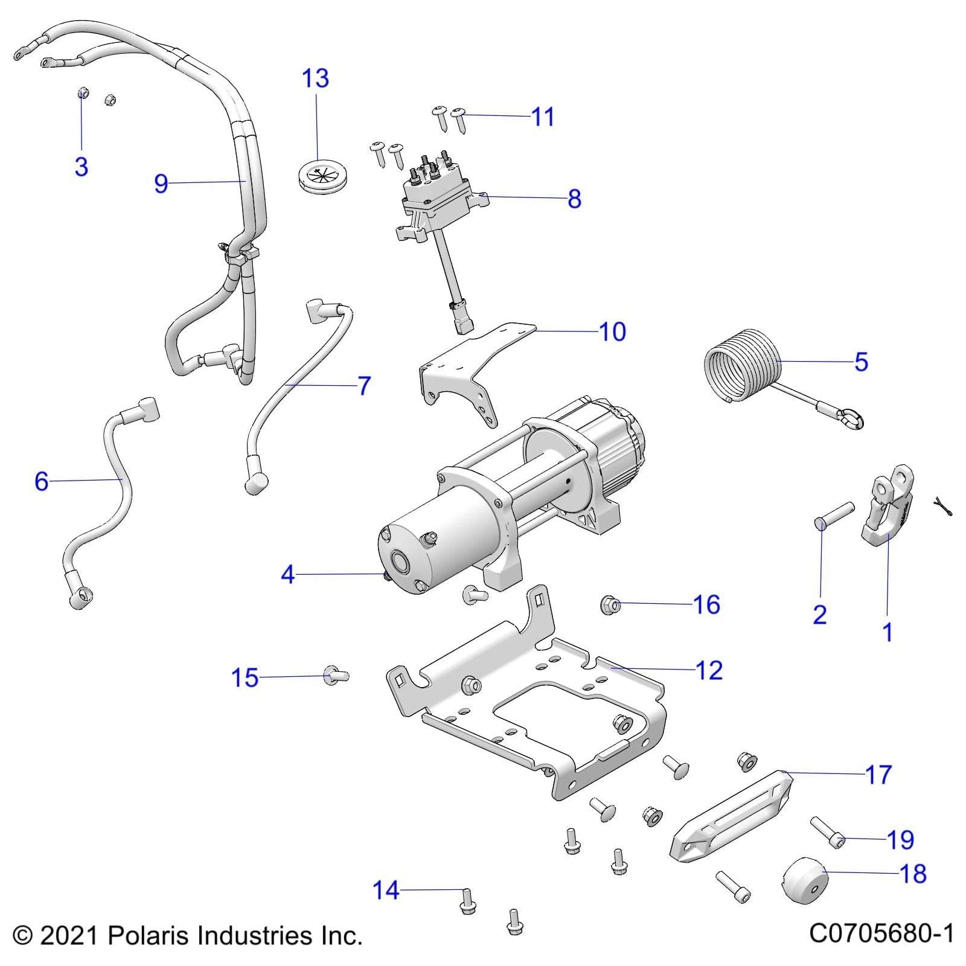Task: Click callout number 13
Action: point(315,78)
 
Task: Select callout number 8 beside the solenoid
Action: point(574,199)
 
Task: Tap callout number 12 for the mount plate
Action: point(709,670)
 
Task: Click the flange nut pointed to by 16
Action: point(610,604)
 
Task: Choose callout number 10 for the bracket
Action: point(612,331)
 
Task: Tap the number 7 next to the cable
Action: point(364,386)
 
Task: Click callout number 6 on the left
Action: point(41,481)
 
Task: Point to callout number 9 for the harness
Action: point(161,183)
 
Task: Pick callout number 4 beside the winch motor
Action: point(288,574)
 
